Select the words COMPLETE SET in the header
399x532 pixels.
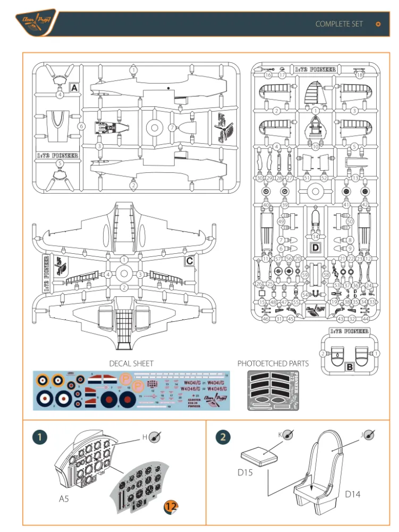339,24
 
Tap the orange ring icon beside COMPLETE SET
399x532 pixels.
378,24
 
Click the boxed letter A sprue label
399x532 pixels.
74,87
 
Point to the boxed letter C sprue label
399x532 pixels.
189,261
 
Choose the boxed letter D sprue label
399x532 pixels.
315,247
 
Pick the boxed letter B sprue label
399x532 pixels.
349,366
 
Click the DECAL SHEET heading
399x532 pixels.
131,363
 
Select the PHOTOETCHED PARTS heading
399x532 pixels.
273,363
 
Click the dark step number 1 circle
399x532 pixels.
40,437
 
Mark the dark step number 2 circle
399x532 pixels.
223,437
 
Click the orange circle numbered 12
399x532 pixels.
171,507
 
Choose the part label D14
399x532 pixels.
353,494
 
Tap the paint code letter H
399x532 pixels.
144,437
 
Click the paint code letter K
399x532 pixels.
281,435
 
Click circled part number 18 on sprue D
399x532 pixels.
360,75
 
